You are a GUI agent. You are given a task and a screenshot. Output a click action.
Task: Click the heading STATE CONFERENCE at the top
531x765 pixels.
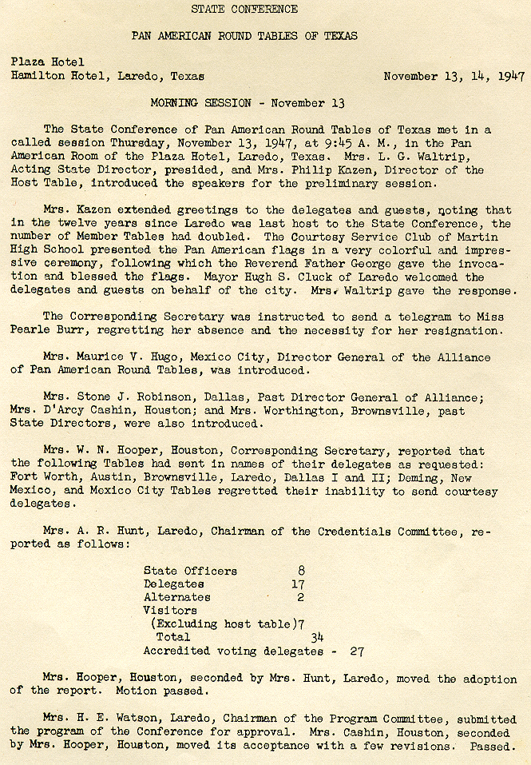(244, 10)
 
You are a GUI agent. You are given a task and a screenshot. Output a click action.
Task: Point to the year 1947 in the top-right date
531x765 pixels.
(510, 77)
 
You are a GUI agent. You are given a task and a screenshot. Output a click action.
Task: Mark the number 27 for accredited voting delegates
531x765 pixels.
(357, 651)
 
